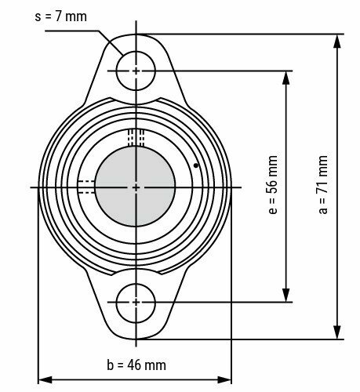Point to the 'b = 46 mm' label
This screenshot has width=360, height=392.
tap(136, 365)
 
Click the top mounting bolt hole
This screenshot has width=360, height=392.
tap(136, 71)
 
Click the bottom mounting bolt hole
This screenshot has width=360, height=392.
tap(136, 301)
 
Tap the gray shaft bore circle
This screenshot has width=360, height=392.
tap(136, 187)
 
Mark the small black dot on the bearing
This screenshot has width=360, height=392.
tap(195, 165)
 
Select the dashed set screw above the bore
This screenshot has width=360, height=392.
tap(136, 137)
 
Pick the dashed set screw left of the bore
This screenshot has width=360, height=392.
tap(85, 187)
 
